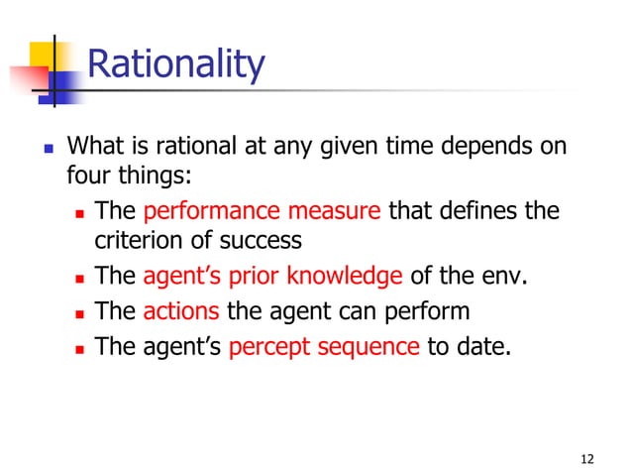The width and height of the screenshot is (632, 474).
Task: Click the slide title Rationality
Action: pyautogui.click(x=176, y=65)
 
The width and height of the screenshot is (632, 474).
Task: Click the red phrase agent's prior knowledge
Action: pyautogui.click(x=272, y=275)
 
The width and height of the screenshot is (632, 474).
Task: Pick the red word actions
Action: pyautogui.click(x=181, y=310)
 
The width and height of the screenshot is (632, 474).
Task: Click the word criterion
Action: pyautogui.click(x=143, y=241)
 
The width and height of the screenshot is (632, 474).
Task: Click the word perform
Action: pyautogui.click(x=432, y=310)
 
